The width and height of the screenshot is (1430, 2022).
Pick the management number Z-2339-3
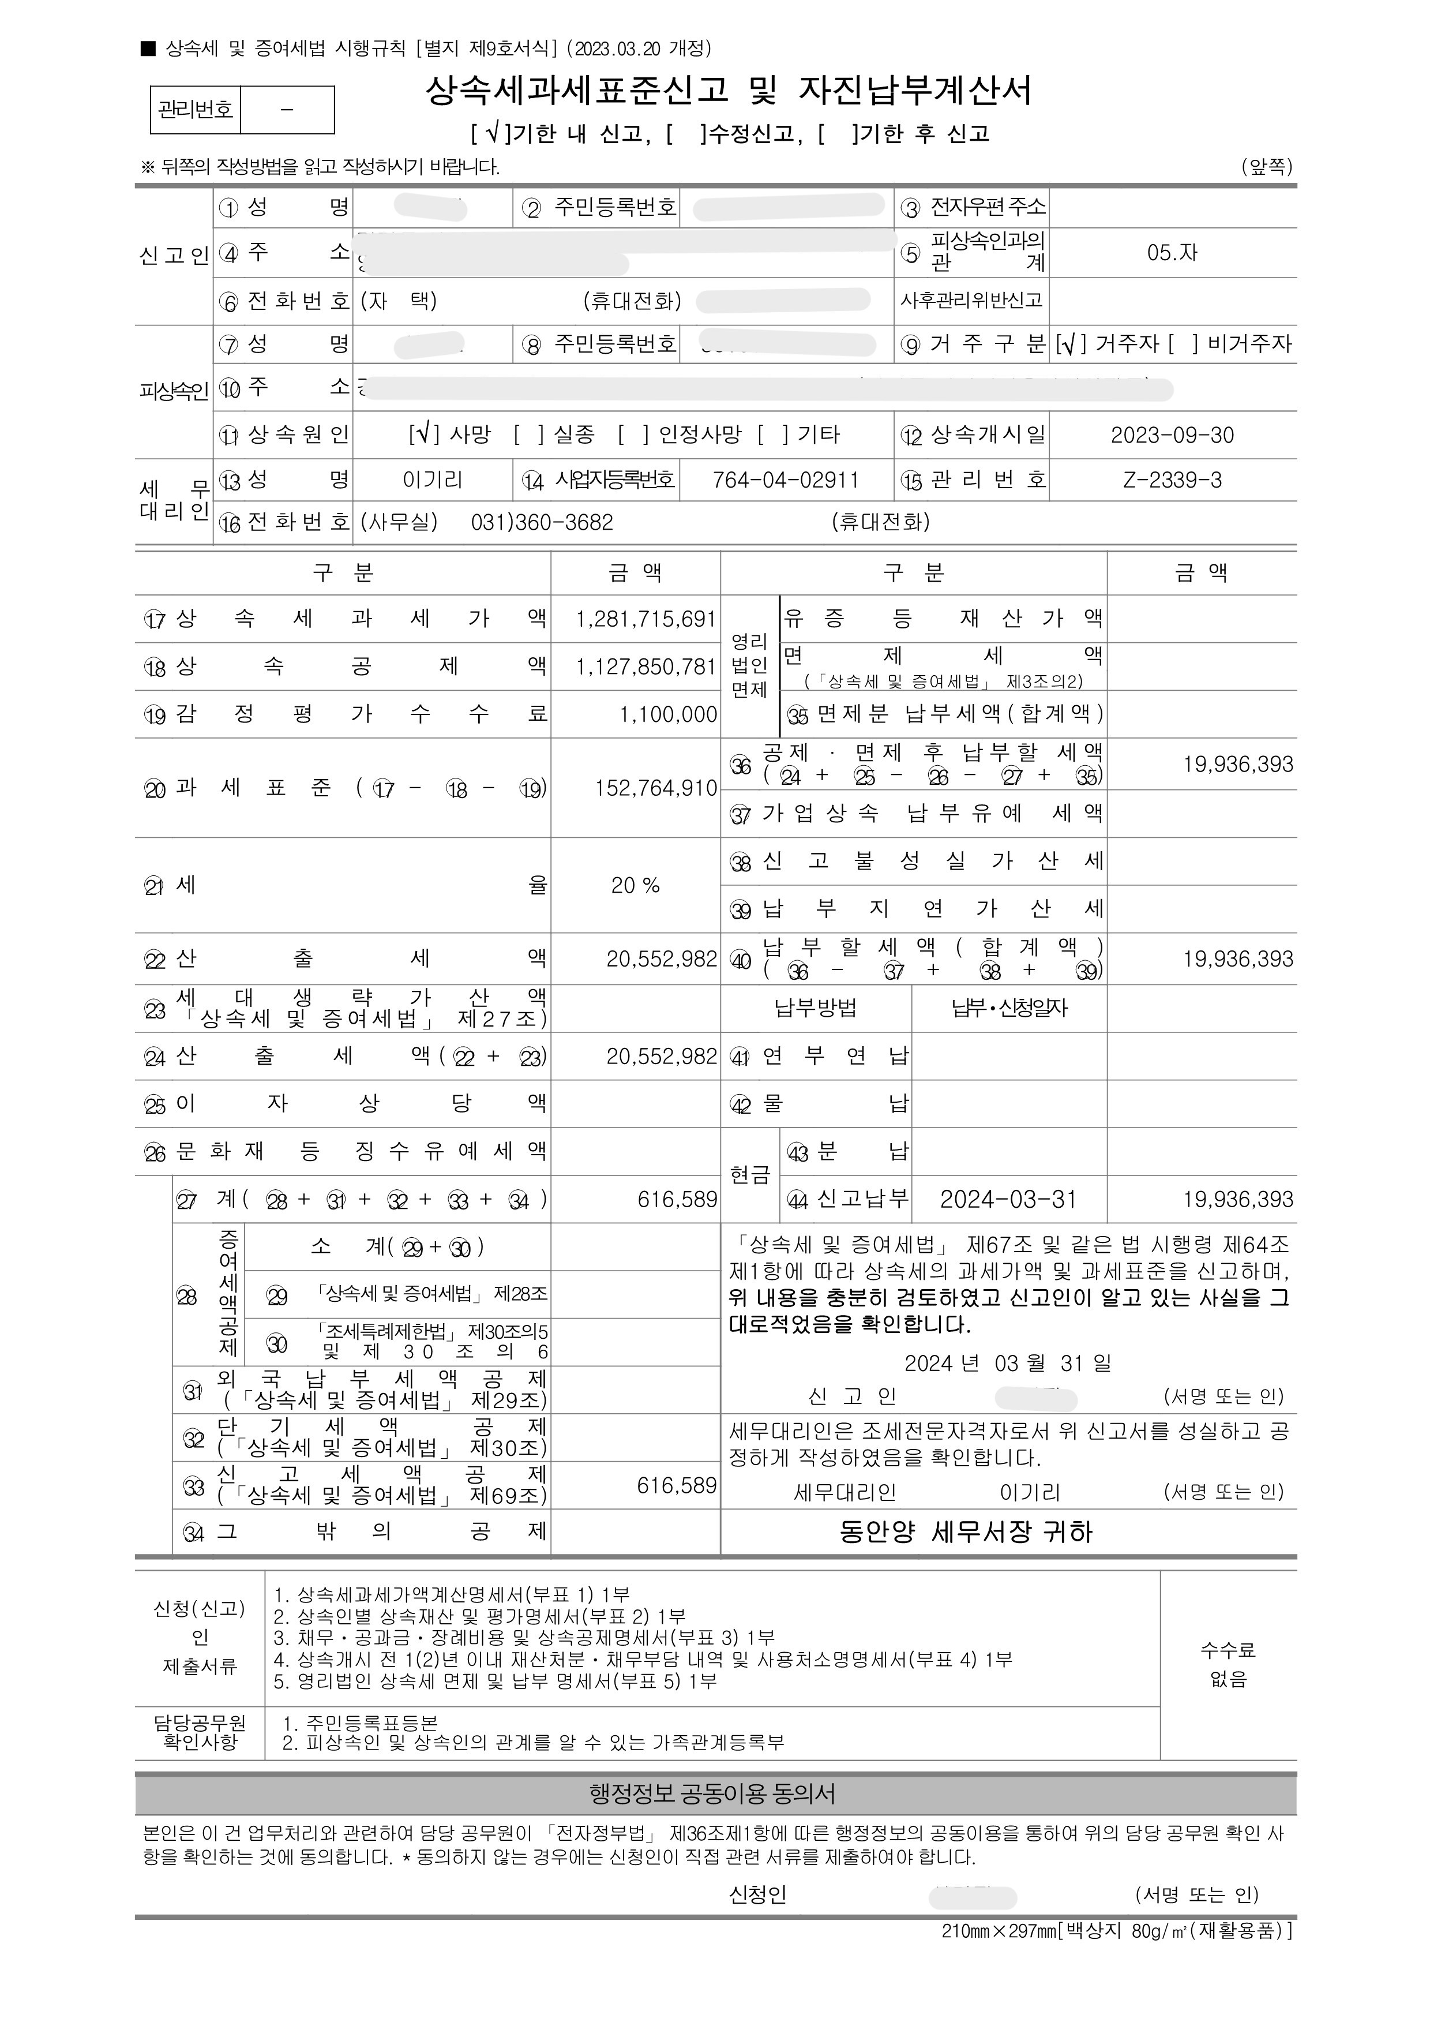[x=1172, y=481]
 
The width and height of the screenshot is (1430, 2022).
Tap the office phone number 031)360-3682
[x=542, y=522]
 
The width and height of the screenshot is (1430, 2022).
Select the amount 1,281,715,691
[x=645, y=619]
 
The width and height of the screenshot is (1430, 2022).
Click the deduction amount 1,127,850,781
[x=645, y=666]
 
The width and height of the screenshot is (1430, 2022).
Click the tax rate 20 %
[x=635, y=886]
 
